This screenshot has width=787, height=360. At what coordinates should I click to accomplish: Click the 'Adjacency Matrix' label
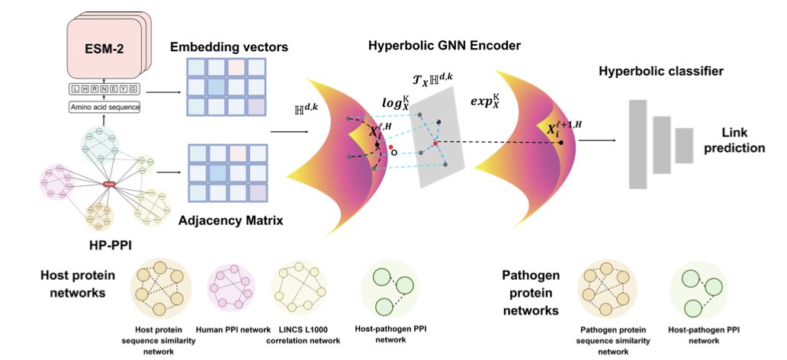pos(230,221)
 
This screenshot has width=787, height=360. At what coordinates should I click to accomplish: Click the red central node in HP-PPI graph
pos(109,184)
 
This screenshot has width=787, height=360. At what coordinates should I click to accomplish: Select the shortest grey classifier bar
pos(685,145)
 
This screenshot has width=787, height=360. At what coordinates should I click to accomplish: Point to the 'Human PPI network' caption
pos(233,329)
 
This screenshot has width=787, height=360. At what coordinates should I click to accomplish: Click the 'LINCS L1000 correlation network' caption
pos(307,335)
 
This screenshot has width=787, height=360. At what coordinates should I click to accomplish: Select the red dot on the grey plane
pos(435,143)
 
